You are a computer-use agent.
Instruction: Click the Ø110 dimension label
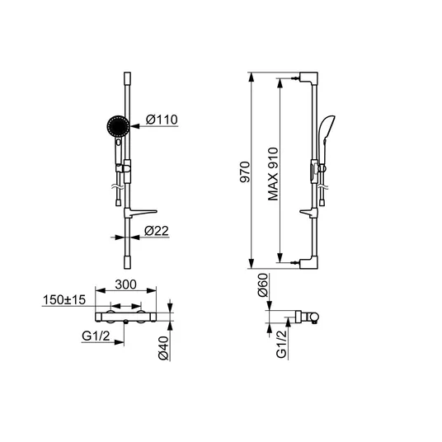tap(162, 120)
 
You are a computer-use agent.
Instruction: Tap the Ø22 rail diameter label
tap(157, 231)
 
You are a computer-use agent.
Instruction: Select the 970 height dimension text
tap(245, 172)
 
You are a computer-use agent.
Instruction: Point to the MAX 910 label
tap(273, 174)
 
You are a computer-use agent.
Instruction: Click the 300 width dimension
tap(125, 284)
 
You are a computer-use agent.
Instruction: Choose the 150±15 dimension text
tap(64, 300)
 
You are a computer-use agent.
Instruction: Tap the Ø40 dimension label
tap(163, 348)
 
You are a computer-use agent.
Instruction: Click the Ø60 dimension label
tap(262, 285)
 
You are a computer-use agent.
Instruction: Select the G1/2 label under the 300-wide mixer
tap(96, 336)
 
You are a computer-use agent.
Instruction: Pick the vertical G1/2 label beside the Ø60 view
tap(281, 344)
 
